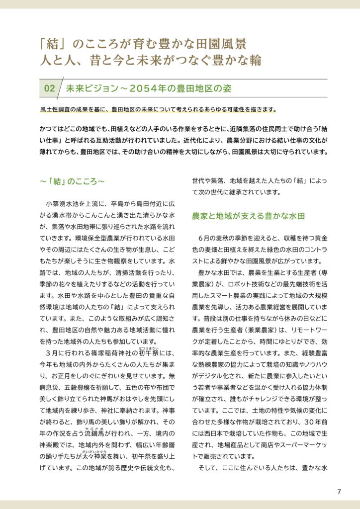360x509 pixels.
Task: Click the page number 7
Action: click(x=339, y=492)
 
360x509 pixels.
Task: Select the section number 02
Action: click(x=50, y=88)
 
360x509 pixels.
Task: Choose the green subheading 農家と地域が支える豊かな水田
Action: click(x=248, y=217)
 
